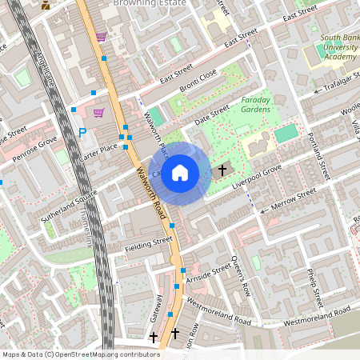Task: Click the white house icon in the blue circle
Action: (180, 172)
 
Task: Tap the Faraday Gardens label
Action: (261, 106)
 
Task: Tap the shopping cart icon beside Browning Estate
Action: (101, 37)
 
